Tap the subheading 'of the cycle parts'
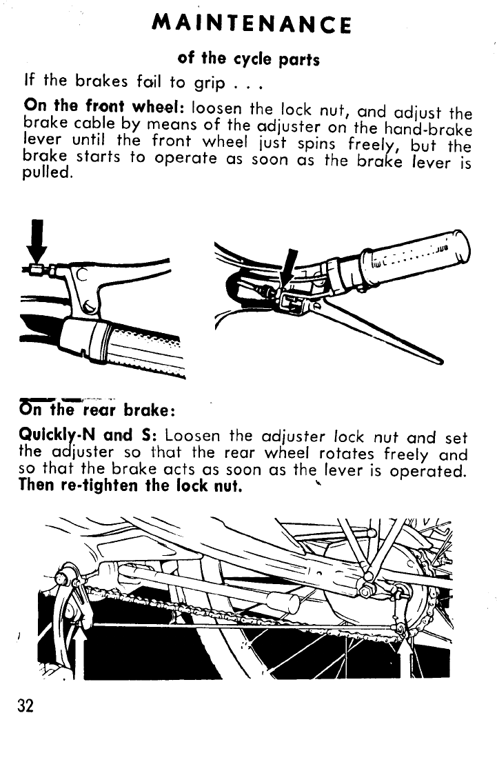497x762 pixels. coord(248,59)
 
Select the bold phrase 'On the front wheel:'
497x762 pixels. coord(104,108)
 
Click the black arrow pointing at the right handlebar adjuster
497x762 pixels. coord(290,266)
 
